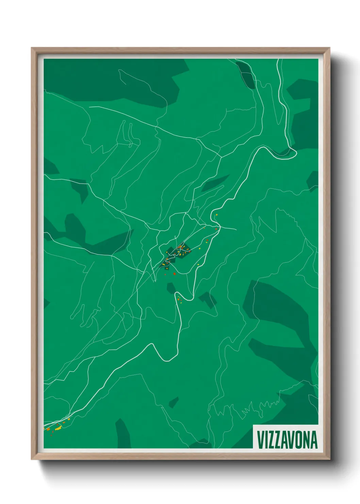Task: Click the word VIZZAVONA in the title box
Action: click(287, 440)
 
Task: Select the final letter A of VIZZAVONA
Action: click(314, 440)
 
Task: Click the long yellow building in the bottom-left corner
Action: click(58, 428)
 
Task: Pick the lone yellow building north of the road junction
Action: click(216, 215)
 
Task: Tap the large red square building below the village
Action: click(174, 273)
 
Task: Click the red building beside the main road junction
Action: click(216, 229)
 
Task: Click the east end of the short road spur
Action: click(236, 229)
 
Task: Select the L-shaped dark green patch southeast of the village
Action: click(208, 300)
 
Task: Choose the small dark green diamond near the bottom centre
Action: click(174, 402)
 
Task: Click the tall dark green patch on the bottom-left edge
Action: click(123, 434)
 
